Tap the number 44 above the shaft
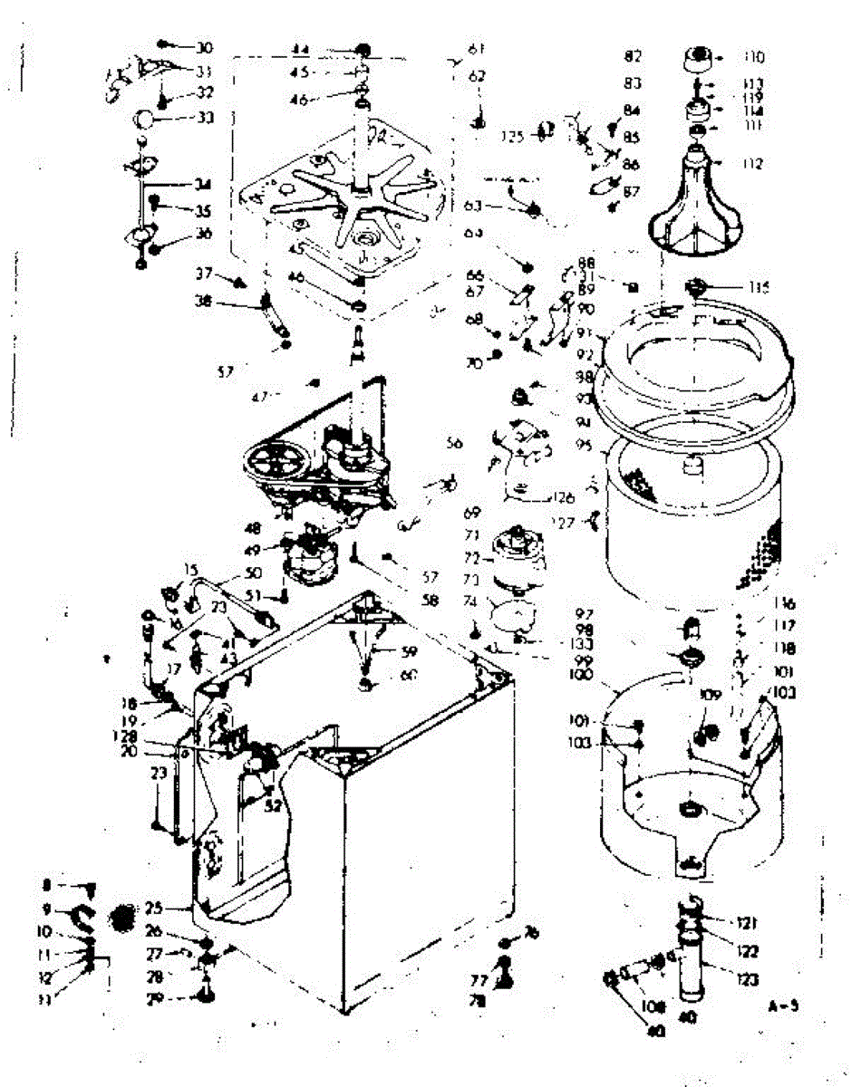point(301,48)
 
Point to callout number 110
point(753,57)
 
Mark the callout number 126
point(564,496)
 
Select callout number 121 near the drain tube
point(747,923)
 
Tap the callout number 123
point(747,979)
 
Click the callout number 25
point(152,907)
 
